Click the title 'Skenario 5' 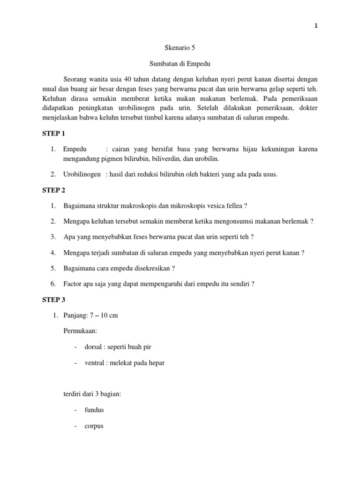point(180,48)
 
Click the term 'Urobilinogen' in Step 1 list point(82,174)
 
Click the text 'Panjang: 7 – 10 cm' point(90,315)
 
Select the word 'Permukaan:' point(80,331)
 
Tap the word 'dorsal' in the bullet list point(93,347)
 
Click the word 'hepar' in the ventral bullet point(157,363)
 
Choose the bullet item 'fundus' point(94,410)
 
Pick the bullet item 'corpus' point(94,426)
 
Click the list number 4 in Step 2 point(53,253)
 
